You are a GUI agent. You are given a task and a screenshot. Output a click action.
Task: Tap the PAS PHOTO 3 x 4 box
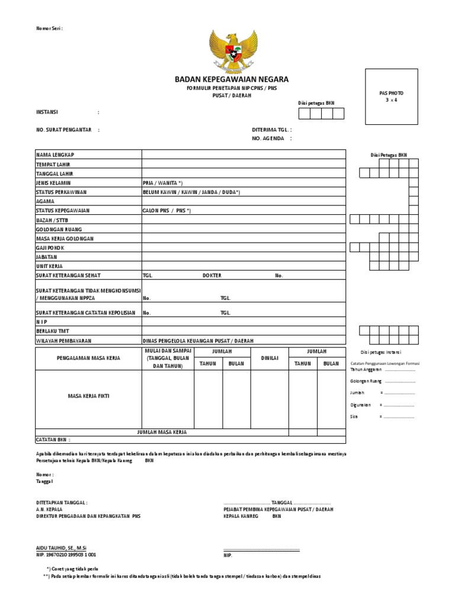tap(391, 96)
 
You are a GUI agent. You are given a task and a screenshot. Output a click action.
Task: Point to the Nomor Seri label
tap(49, 28)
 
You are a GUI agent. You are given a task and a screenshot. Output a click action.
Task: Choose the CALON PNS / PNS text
tap(167, 211)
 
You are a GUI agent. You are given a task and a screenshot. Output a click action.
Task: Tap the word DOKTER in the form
tap(212, 276)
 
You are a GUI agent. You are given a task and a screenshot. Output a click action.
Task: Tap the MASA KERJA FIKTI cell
tap(88, 395)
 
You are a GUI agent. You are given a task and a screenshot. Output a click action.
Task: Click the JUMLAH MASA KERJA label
tap(162, 433)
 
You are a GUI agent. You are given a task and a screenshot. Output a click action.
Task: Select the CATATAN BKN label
tap(53, 440)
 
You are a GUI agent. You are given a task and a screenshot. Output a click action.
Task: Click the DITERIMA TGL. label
tap(272, 129)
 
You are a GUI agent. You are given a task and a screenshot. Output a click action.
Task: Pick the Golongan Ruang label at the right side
tap(366, 381)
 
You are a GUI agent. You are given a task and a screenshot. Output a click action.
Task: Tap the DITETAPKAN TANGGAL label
tap(62, 502)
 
